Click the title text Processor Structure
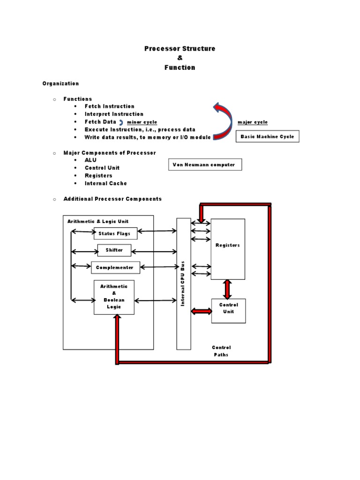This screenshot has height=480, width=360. click(180, 49)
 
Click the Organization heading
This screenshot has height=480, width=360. click(60, 83)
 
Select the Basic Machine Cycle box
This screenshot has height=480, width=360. click(267, 136)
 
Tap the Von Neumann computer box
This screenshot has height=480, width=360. click(205, 165)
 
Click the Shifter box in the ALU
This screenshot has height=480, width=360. click(114, 250)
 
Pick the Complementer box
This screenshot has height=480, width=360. click(115, 268)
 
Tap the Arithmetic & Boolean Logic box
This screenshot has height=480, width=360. click(114, 297)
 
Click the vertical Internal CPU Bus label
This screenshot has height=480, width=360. click(183, 284)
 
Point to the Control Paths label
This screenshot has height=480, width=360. click(221, 351)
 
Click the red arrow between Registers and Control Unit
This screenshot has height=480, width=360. click(228, 289)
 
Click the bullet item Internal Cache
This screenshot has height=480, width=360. click(105, 183)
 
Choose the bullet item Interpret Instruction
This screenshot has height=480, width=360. click(114, 114)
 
